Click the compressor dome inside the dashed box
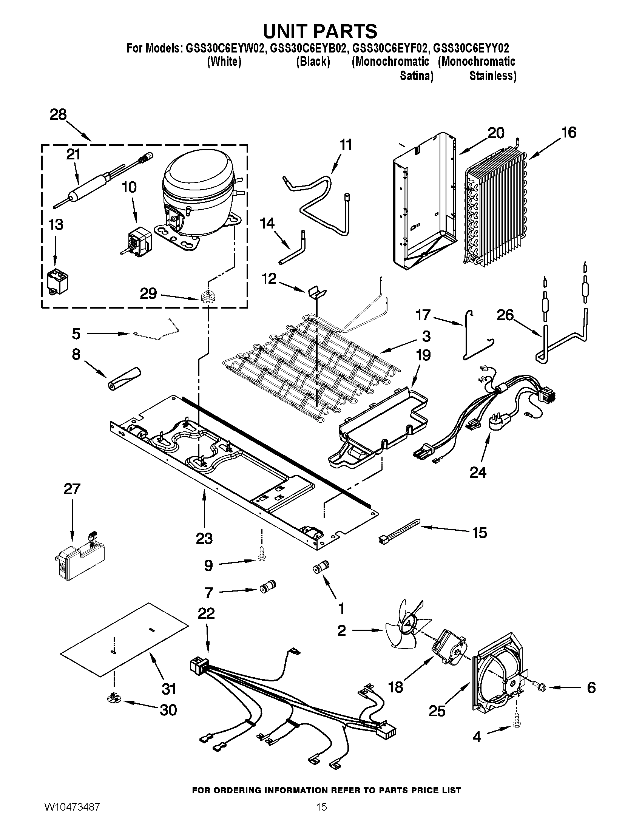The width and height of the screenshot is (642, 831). (x=198, y=179)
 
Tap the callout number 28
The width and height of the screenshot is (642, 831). (x=58, y=114)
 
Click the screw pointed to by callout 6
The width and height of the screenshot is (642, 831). (x=540, y=687)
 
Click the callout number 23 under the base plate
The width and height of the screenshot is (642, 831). (x=204, y=539)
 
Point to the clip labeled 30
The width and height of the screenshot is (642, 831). (x=113, y=697)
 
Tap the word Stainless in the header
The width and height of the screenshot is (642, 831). (x=492, y=76)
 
